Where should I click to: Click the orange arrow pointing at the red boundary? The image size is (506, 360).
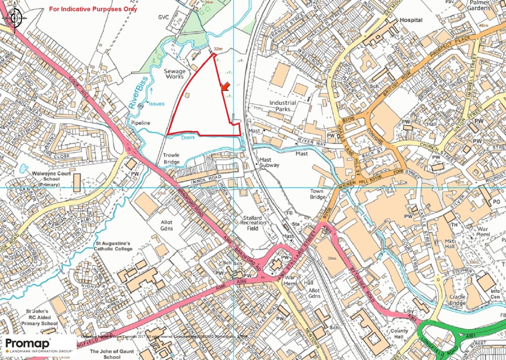[225, 87]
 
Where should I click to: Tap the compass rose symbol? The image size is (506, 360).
[14, 17]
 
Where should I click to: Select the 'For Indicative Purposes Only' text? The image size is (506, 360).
[93, 9]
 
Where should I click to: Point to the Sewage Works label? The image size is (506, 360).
[174, 74]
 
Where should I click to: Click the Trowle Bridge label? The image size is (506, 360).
[171, 159]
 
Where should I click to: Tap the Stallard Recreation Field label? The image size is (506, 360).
[253, 223]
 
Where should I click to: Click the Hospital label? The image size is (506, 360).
[411, 20]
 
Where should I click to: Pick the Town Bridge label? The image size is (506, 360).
[318, 194]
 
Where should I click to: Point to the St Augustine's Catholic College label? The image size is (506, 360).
[113, 246]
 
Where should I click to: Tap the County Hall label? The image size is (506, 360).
[399, 334]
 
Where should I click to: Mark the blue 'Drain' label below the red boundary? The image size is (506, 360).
[186, 138]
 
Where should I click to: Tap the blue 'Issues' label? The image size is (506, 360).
[156, 104]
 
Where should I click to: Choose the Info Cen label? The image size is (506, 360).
[495, 295]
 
